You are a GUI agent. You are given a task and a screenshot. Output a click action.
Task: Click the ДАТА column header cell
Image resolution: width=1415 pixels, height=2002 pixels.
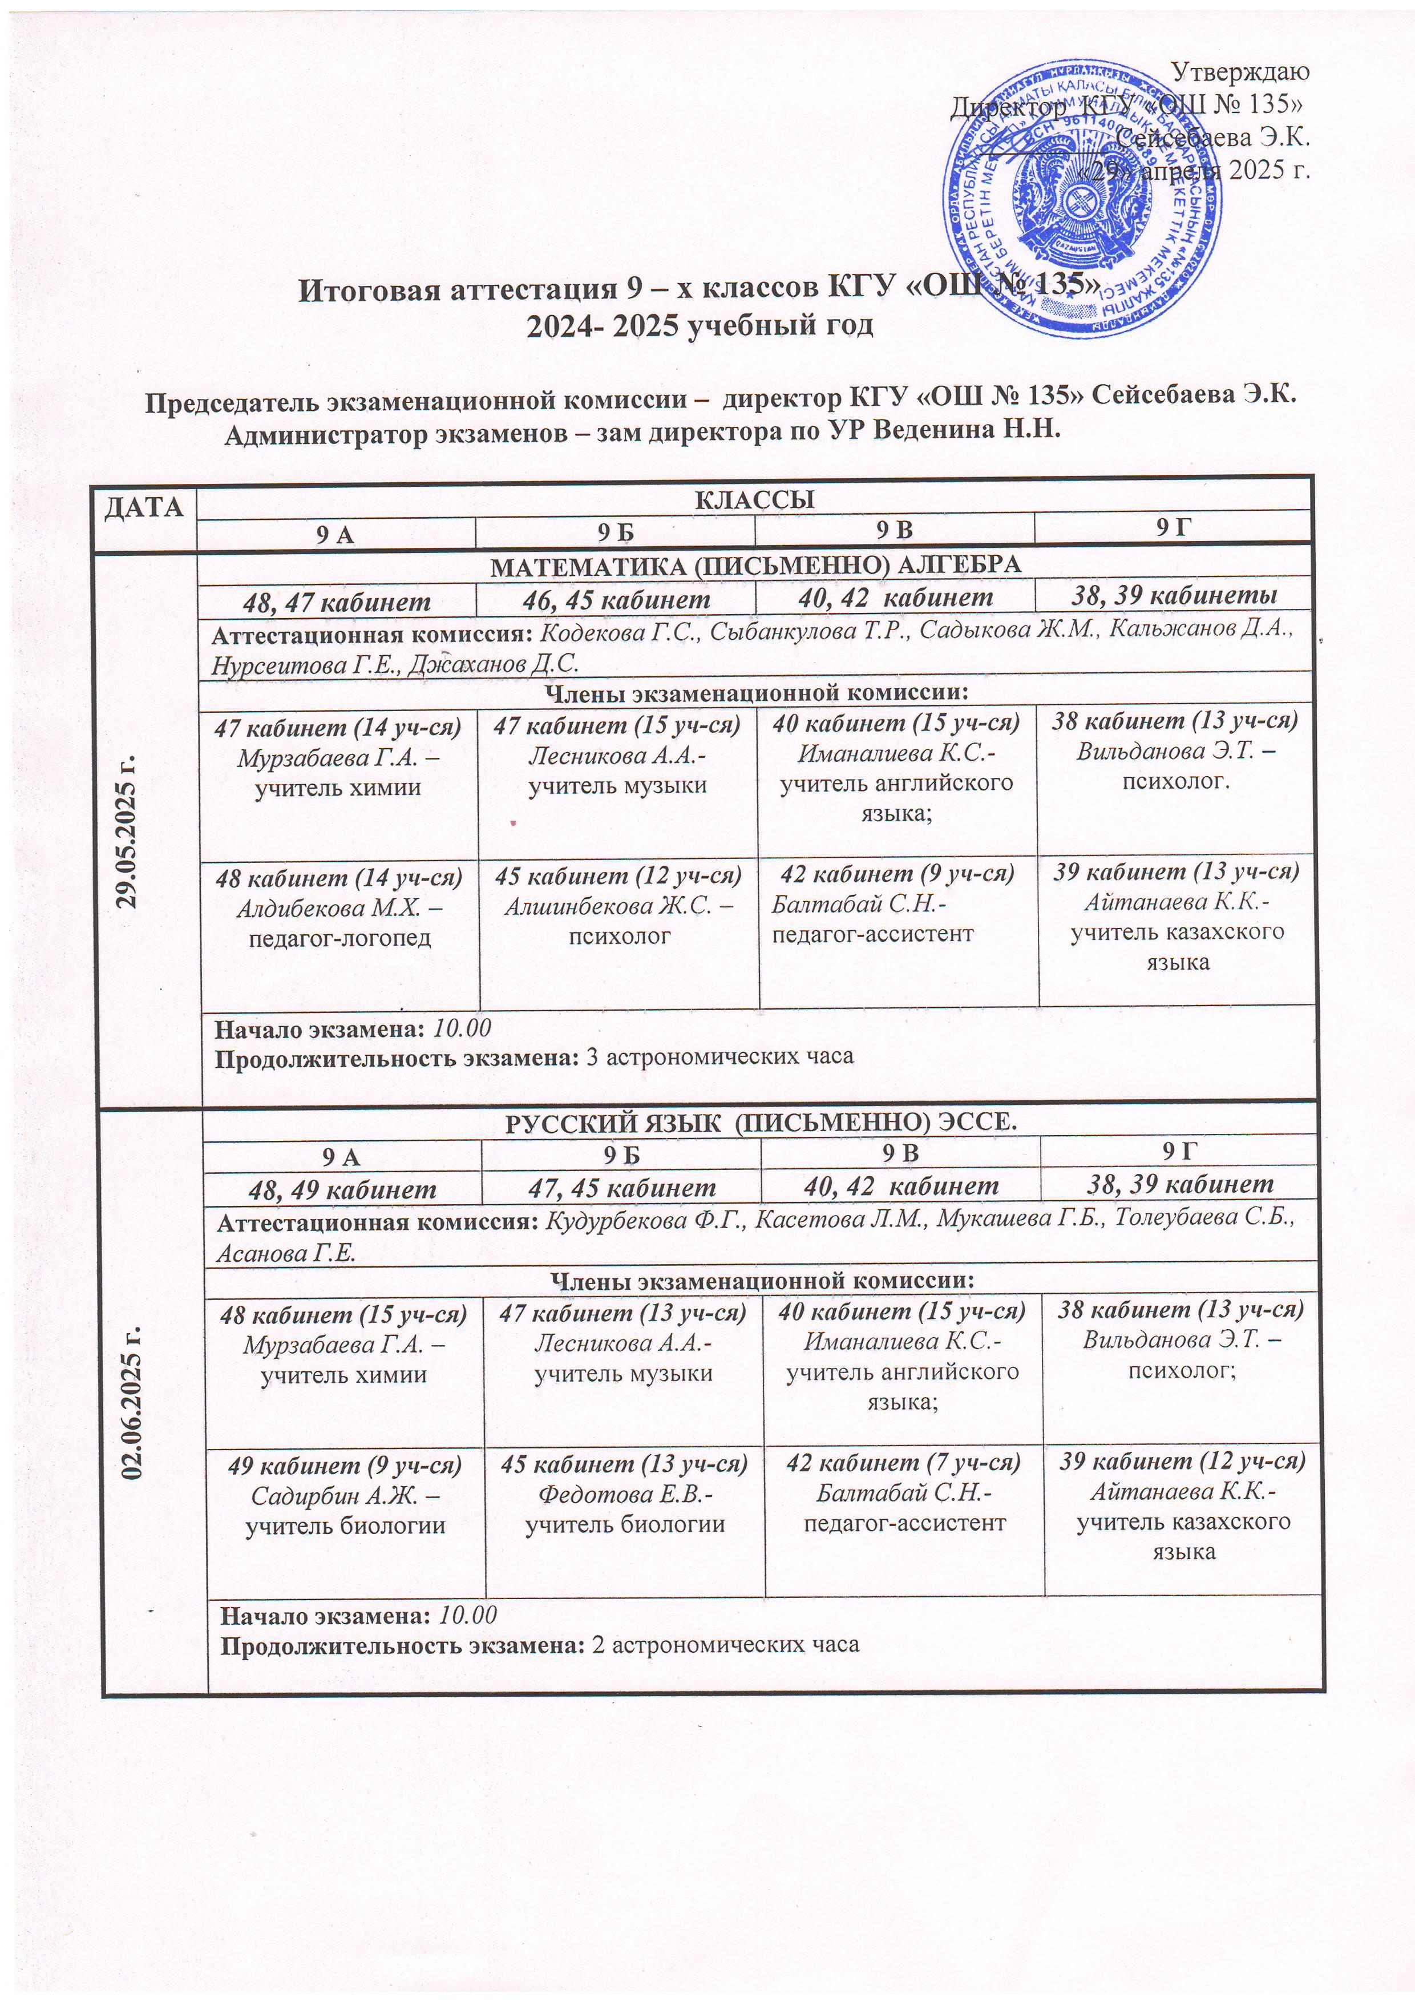(x=145, y=507)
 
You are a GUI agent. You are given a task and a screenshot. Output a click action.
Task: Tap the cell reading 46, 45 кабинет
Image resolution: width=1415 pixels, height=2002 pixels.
(x=616, y=599)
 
